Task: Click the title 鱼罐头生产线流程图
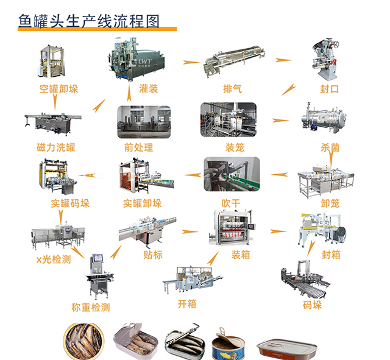(89, 21)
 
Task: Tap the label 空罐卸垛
(56, 89)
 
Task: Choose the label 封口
(330, 89)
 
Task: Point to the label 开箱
(186, 303)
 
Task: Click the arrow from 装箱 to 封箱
(278, 231)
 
